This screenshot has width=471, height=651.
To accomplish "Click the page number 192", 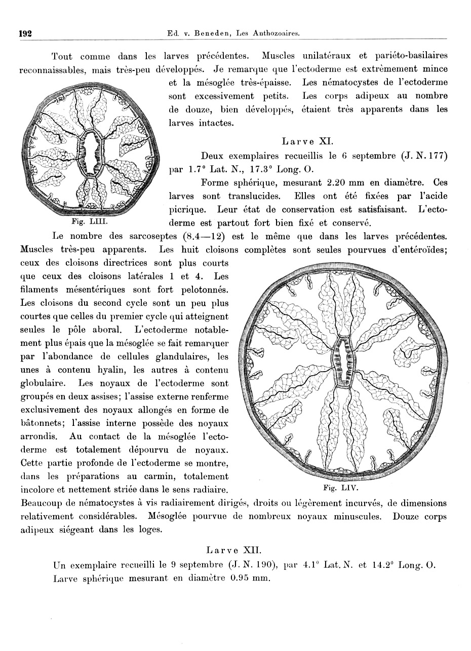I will [25, 33].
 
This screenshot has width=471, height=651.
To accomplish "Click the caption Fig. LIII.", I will [87, 221].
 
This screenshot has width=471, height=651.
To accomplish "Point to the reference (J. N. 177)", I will [423, 156].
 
